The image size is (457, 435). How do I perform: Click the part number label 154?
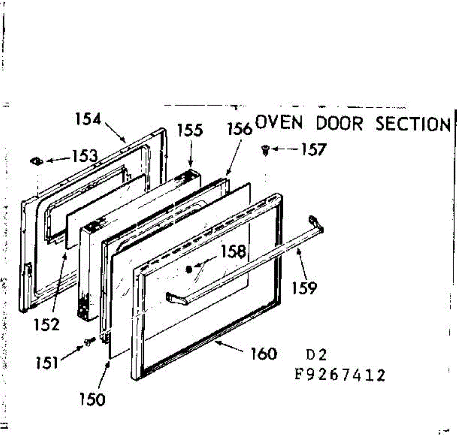[x=88, y=119]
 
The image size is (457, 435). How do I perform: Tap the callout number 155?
[x=190, y=130]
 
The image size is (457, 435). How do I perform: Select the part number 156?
[x=240, y=129]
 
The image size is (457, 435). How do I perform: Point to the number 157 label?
[x=314, y=149]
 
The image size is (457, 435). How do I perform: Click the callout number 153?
[x=85, y=156]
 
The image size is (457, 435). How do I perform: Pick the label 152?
[x=47, y=324]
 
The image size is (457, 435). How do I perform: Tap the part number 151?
[x=47, y=363]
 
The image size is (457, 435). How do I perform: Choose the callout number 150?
[x=92, y=400]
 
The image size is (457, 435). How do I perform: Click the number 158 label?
[x=233, y=251]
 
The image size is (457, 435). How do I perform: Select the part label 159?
[x=304, y=288]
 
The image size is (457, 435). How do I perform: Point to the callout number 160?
[x=264, y=354]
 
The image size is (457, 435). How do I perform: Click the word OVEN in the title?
[x=279, y=122]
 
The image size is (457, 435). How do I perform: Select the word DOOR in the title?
[x=339, y=123]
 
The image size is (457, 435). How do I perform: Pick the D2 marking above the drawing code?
[x=316, y=355]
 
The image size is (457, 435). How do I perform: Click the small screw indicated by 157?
[x=265, y=150]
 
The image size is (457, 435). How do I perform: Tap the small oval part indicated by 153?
[x=37, y=161]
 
